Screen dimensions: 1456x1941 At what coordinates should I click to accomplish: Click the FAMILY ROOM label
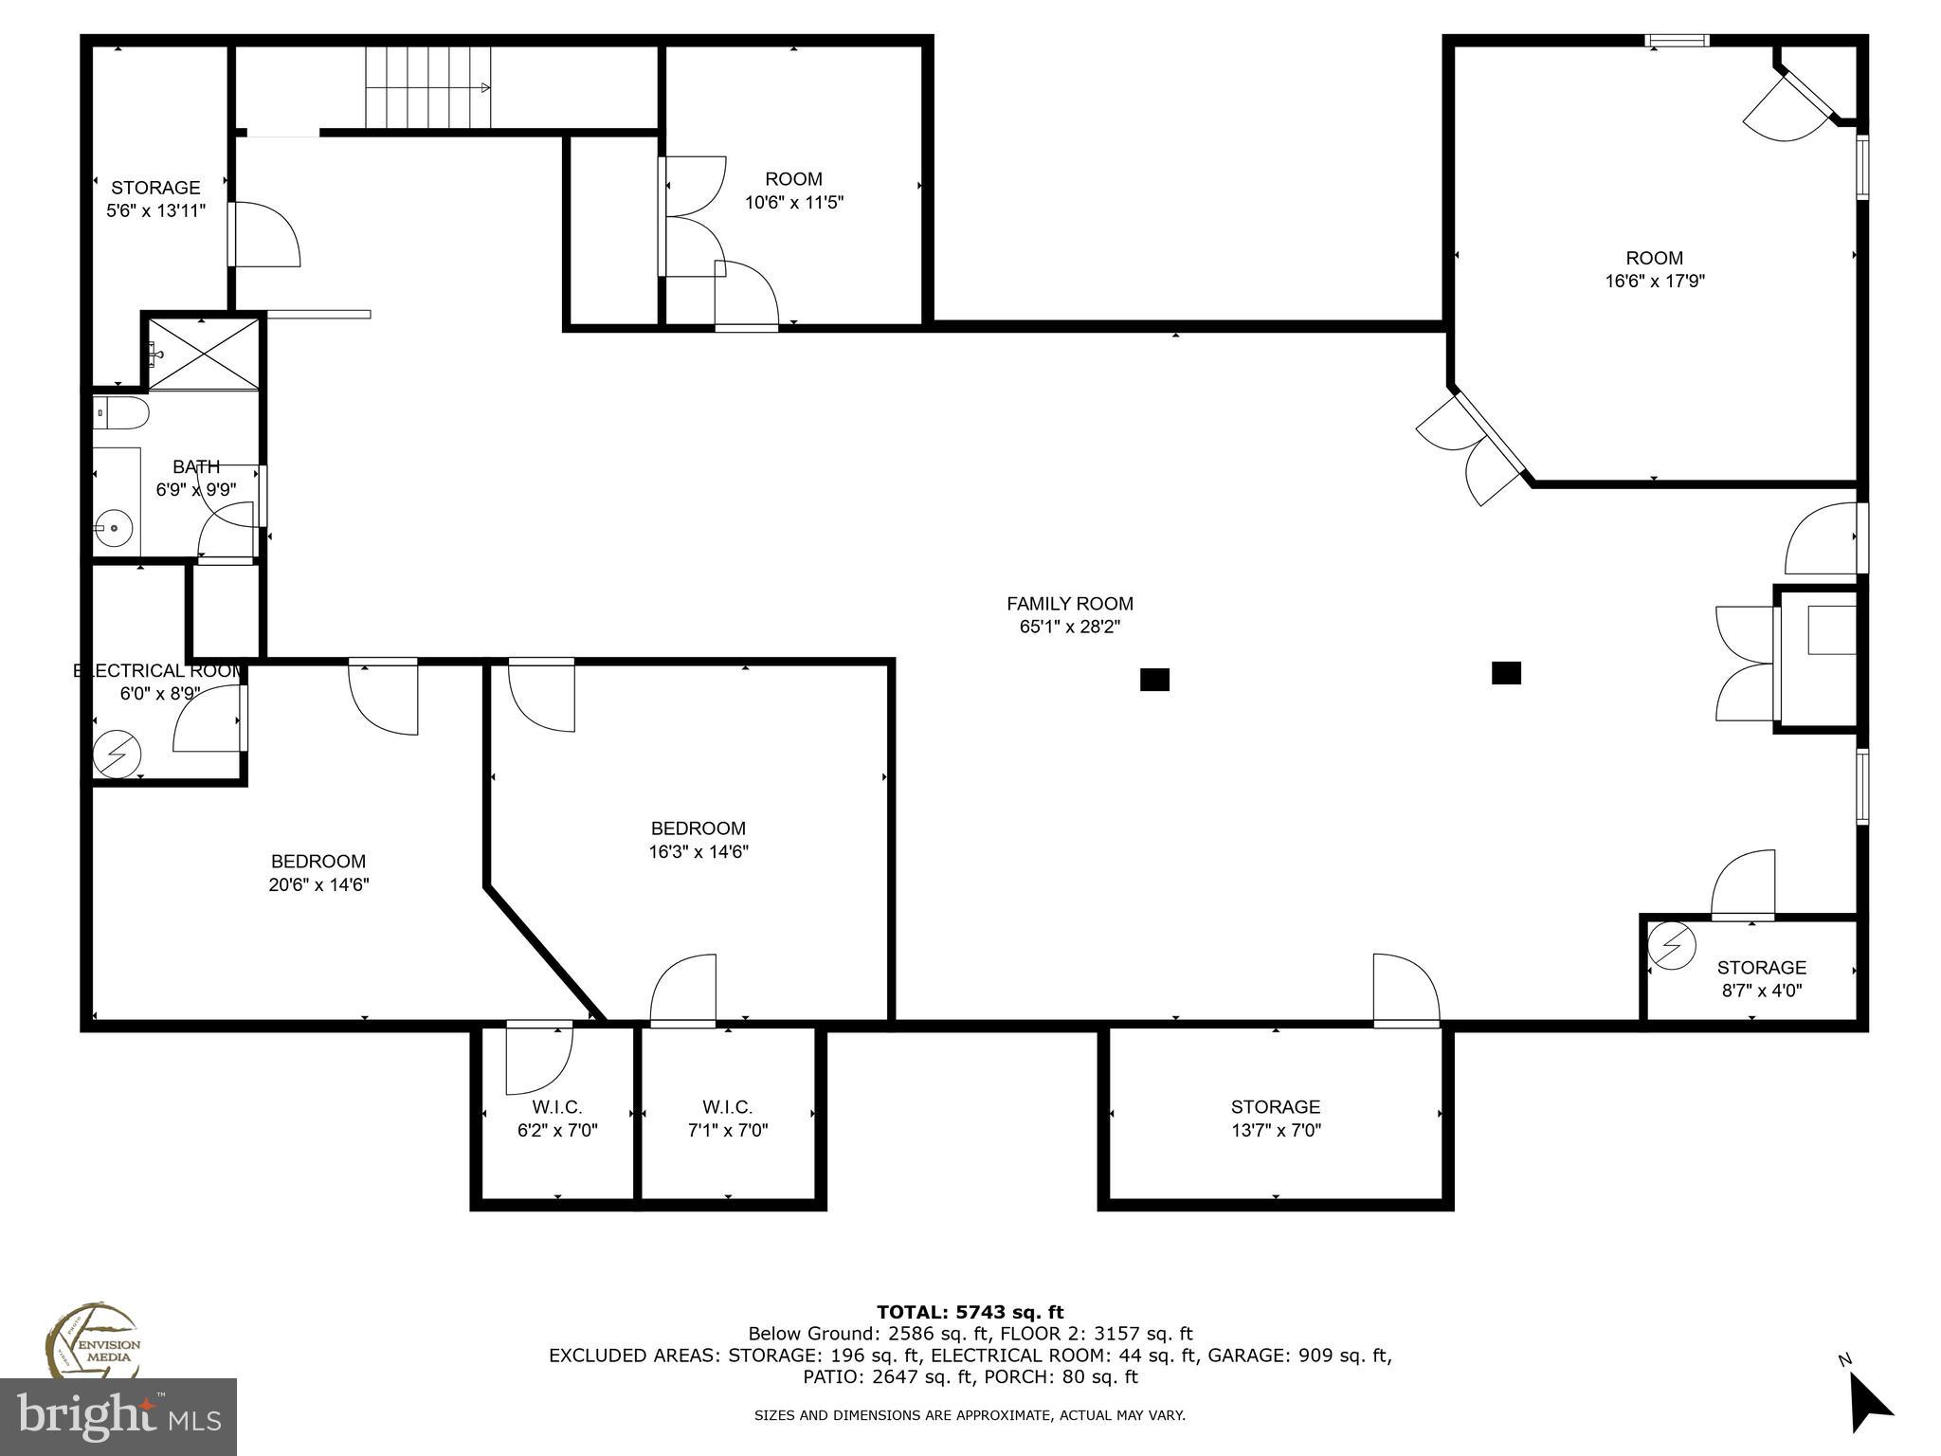point(1069,604)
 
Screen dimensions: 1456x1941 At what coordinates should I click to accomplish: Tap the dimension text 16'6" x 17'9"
point(1655,282)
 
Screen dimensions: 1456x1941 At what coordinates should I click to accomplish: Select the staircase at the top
point(428,88)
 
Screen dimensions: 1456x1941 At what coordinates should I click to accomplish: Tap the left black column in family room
point(1154,680)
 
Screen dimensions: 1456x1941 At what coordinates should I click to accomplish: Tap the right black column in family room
point(1506,673)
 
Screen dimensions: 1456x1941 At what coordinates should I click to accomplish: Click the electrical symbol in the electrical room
point(118,755)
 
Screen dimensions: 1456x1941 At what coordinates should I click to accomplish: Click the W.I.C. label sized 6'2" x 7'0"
point(557,1107)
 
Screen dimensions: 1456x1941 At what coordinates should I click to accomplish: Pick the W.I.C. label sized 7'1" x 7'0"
point(728,1107)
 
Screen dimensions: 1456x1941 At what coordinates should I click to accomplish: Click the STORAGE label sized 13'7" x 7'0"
point(1276,1107)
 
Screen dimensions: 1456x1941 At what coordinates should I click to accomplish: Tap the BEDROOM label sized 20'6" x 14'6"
point(318,862)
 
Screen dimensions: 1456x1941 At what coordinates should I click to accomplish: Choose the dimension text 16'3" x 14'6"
point(698,852)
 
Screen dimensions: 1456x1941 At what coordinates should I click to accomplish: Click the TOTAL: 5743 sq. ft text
point(970,1312)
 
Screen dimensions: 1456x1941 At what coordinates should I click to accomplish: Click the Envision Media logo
point(93,1341)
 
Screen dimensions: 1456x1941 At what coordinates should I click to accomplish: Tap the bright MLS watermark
point(118,1416)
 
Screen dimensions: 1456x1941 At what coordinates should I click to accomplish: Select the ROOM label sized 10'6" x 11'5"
point(794,179)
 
